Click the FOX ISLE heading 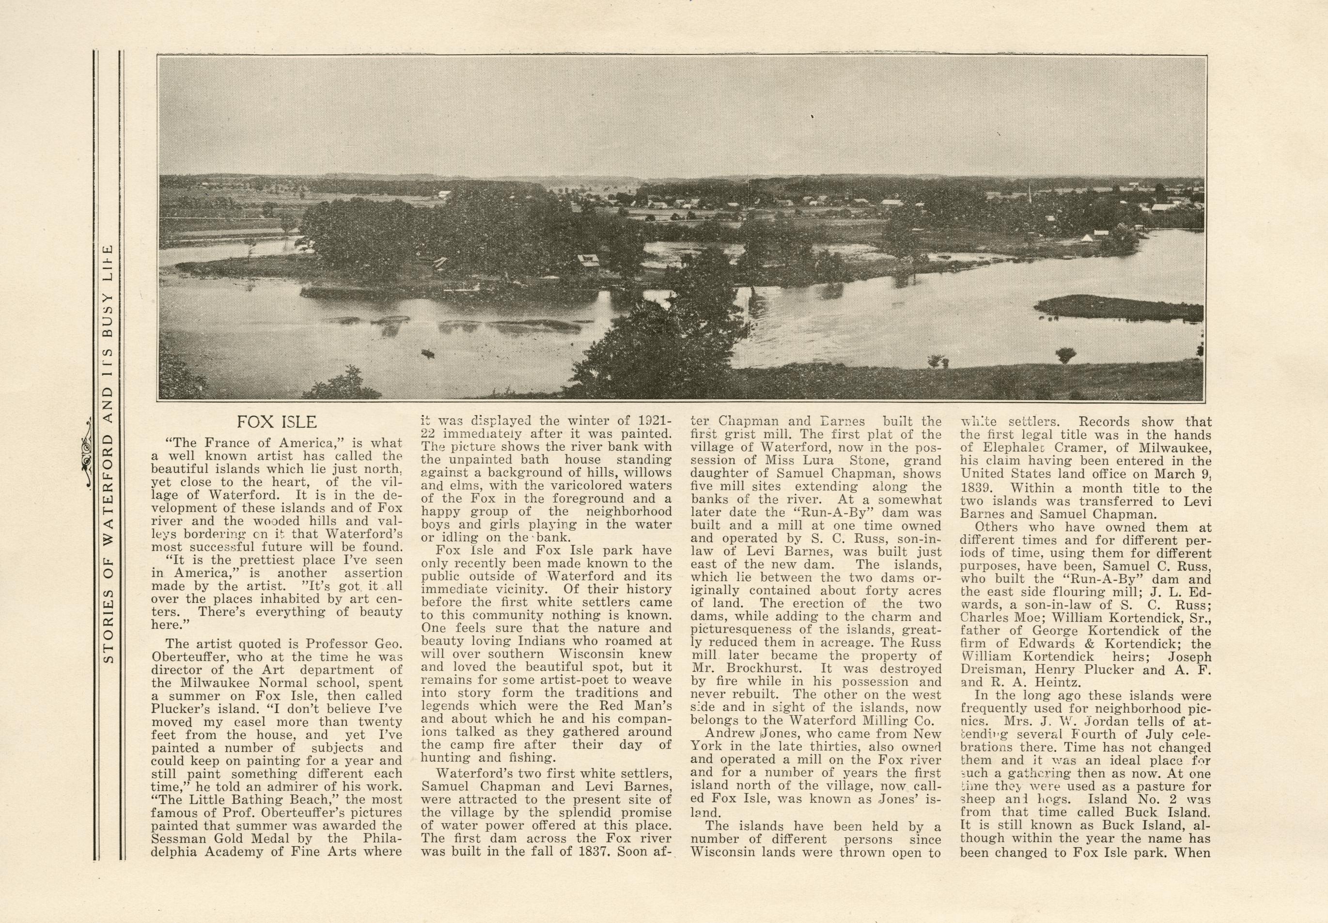pos(277,422)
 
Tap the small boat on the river pos(427,353)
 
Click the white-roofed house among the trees pos(588,260)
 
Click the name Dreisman pos(991,670)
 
